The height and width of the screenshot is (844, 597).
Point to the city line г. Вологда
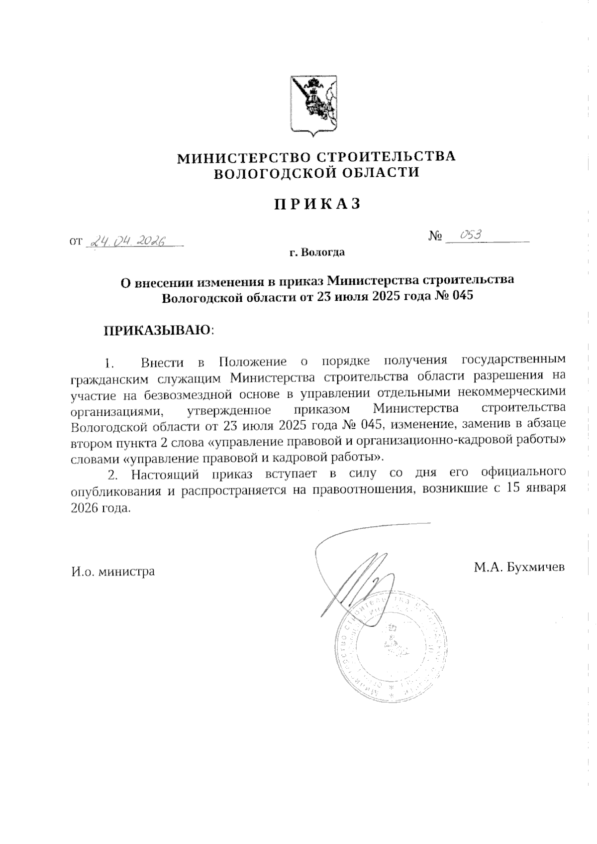click(x=317, y=252)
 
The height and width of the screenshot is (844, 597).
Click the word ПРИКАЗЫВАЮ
click(x=157, y=330)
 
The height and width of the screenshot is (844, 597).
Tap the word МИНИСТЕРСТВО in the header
click(x=241, y=157)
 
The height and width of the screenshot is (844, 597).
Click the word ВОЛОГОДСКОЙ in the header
click(x=273, y=173)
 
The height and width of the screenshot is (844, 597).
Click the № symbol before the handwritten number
click(x=435, y=236)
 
